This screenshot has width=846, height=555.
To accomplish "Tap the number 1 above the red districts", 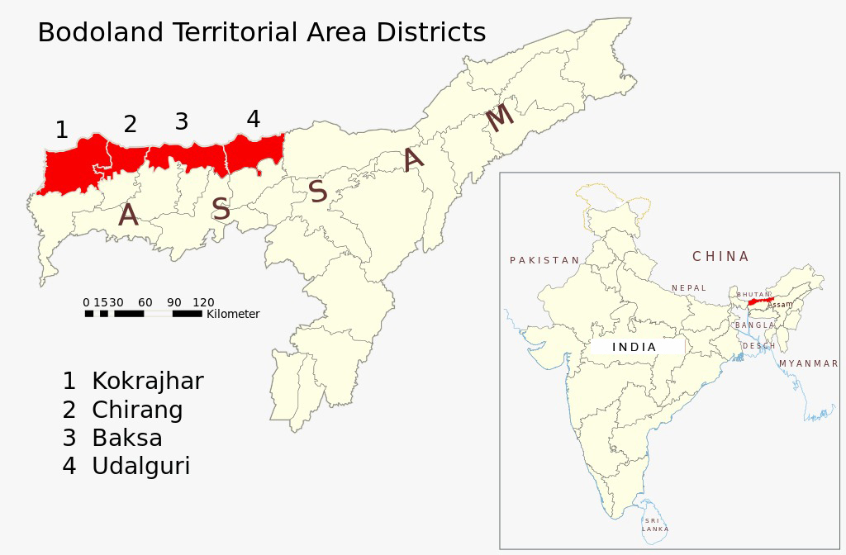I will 61,130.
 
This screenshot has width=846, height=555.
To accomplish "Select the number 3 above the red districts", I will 182,122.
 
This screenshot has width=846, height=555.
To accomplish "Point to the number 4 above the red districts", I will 254,120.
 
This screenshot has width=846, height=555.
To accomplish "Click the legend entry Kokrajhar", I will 147,382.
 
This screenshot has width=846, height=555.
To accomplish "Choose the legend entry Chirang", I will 137,410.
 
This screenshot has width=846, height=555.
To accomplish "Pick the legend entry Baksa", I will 126,438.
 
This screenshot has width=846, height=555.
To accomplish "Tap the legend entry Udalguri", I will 140,466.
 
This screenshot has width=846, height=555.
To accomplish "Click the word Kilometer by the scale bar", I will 233,315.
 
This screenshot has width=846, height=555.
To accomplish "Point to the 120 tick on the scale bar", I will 203,303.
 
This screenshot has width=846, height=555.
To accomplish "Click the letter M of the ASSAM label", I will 499,118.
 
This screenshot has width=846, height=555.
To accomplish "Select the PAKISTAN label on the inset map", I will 544,260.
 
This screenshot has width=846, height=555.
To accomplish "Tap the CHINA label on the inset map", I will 720,257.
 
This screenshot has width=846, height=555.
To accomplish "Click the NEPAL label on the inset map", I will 689,288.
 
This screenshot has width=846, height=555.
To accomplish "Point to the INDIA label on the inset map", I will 634,347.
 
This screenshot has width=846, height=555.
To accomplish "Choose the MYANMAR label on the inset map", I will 808,363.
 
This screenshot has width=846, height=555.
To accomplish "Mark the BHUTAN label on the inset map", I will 753,295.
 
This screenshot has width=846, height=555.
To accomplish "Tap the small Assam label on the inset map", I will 780,305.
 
